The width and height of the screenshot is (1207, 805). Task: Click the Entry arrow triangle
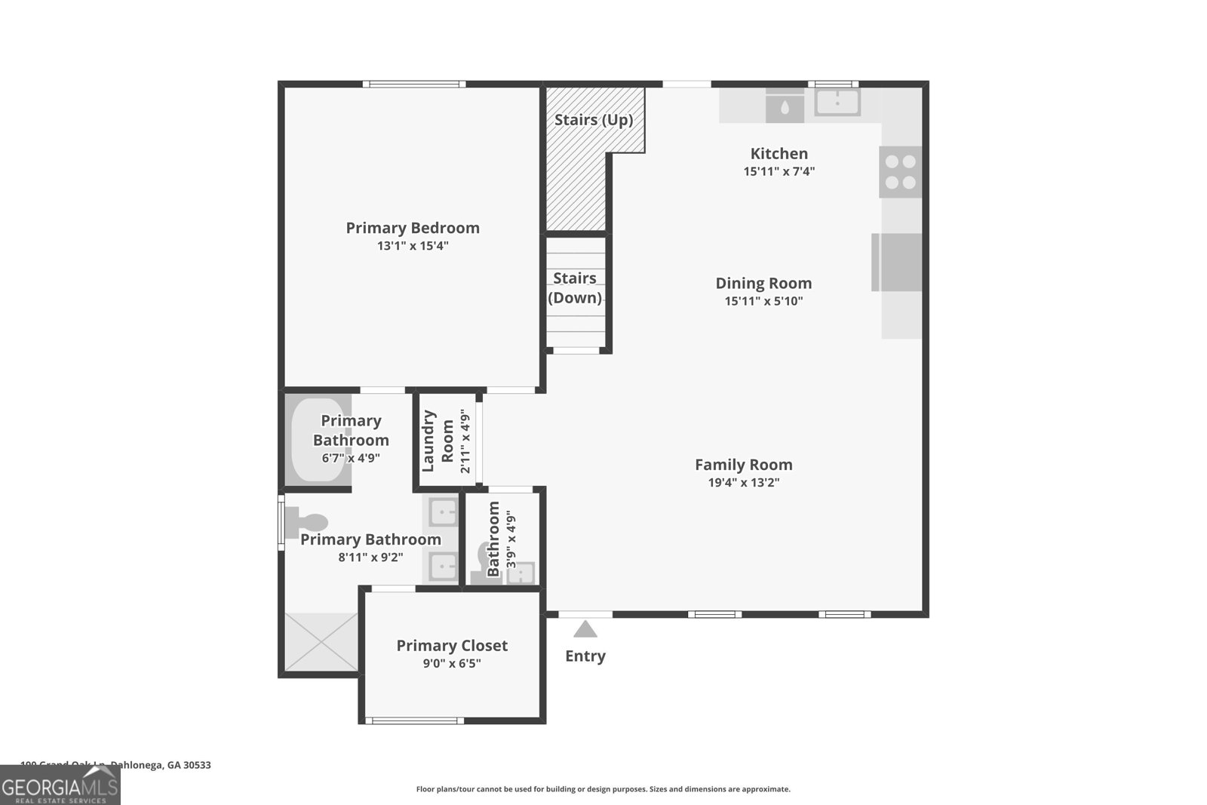click(585, 629)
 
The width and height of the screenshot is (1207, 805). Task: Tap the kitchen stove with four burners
click(901, 172)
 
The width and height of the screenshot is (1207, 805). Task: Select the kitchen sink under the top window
click(837, 102)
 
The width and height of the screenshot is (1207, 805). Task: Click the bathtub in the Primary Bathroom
click(319, 441)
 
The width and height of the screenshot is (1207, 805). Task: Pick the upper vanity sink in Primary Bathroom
click(443, 512)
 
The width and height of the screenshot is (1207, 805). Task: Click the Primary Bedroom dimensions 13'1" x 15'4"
click(413, 246)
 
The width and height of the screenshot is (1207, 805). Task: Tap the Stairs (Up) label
click(594, 120)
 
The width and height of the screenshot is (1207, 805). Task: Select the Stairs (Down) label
click(575, 288)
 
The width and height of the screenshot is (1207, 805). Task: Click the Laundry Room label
click(438, 441)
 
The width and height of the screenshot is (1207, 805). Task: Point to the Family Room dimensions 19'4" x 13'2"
click(743, 483)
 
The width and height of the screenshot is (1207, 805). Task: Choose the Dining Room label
click(763, 283)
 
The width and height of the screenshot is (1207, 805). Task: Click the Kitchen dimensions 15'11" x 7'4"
click(779, 171)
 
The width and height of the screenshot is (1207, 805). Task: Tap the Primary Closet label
click(452, 645)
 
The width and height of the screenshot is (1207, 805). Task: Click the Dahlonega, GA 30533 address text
click(160, 765)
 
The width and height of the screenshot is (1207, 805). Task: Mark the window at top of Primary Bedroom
click(413, 84)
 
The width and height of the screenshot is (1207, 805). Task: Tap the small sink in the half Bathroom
click(521, 573)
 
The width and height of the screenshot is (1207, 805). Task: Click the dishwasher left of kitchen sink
click(785, 106)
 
